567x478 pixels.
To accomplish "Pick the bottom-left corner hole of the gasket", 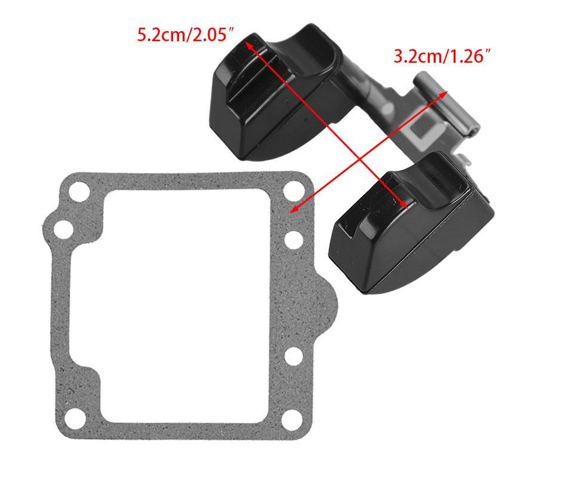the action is (76, 419).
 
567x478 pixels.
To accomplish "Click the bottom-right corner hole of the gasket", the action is (292, 419).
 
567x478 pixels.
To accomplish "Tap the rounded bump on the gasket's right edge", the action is (327, 304).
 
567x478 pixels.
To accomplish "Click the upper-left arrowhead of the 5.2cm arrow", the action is (249, 45).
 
